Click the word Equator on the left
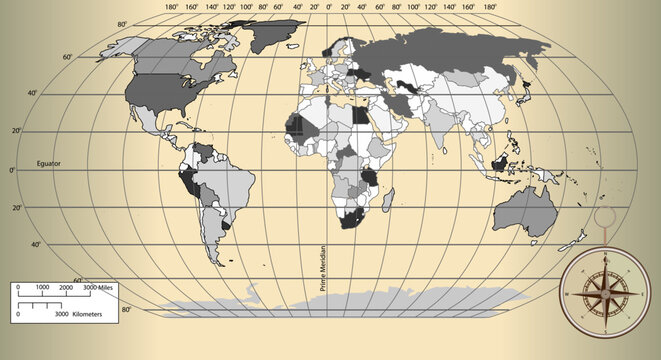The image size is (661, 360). (x=49, y=162)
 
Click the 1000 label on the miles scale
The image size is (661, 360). (x=42, y=287)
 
